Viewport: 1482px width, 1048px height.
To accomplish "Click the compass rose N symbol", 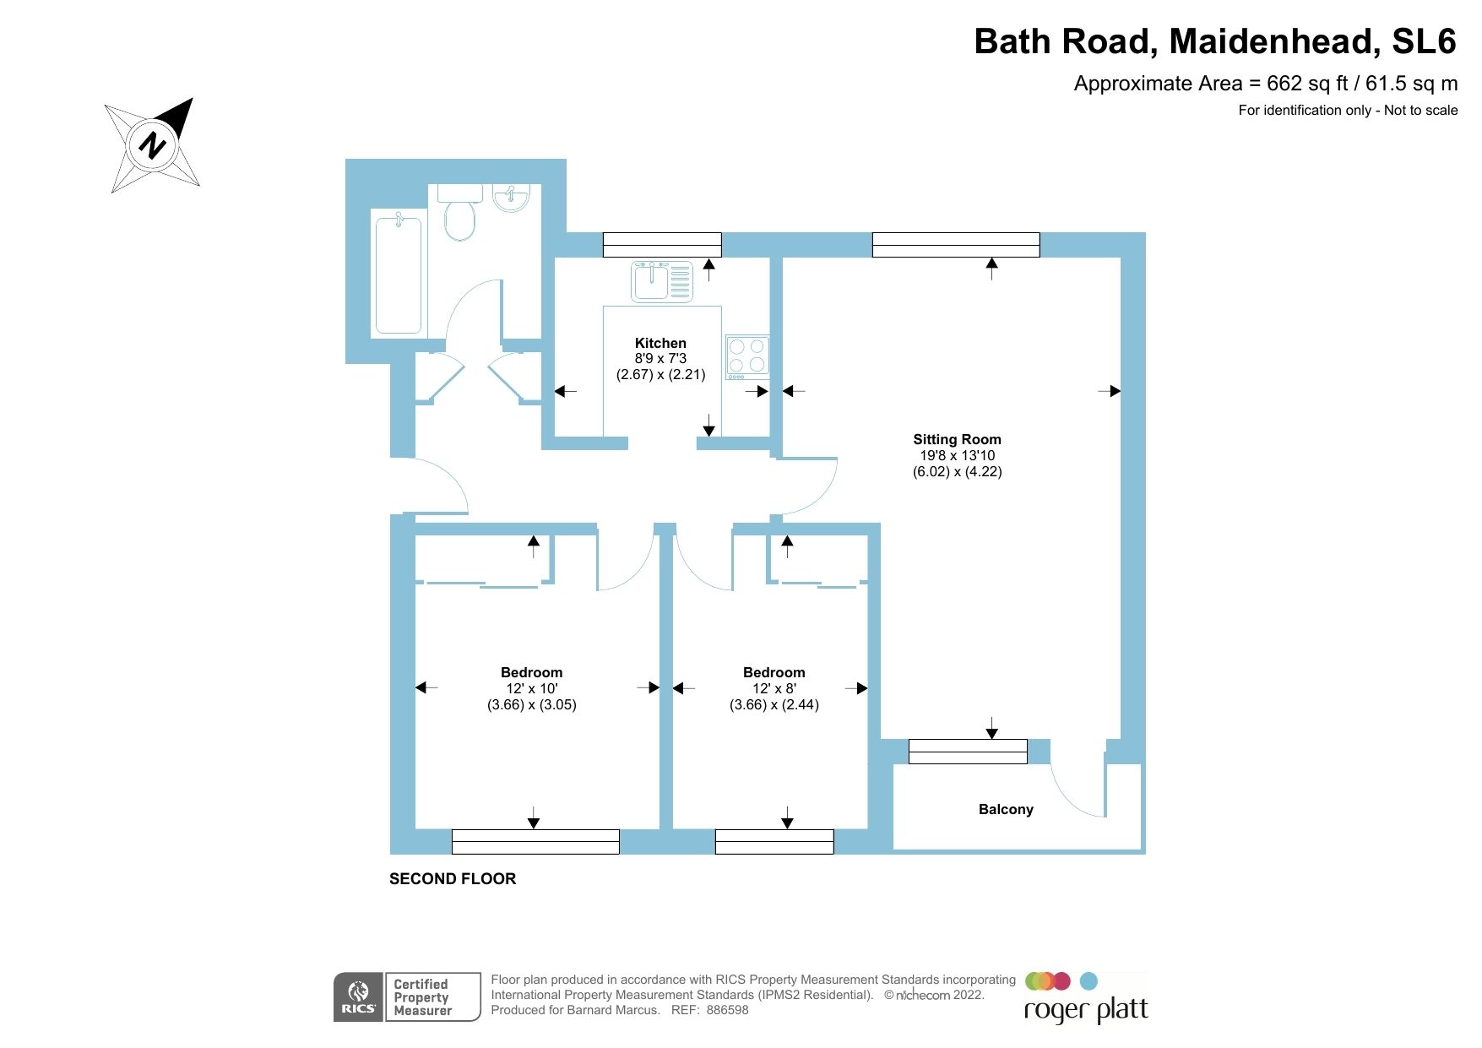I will pyautogui.click(x=152, y=145).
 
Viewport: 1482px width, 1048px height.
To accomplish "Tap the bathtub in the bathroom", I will pyautogui.click(x=398, y=274).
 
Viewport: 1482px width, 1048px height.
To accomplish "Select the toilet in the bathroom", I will pyautogui.click(x=460, y=215).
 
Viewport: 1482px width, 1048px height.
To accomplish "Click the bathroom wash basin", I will pyautogui.click(x=512, y=198).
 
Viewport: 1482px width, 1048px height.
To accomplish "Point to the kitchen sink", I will pyautogui.click(x=661, y=281).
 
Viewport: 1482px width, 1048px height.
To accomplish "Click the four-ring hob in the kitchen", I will pyautogui.click(x=747, y=355).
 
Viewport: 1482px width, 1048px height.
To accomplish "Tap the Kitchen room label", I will pyautogui.click(x=660, y=343).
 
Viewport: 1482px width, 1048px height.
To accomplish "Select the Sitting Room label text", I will pyautogui.click(x=957, y=439).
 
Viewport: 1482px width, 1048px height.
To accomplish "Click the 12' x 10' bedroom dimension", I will pyautogui.click(x=531, y=689).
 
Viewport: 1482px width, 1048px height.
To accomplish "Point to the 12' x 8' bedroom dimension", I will pyautogui.click(x=774, y=689).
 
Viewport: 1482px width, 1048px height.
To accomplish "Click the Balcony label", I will pyautogui.click(x=1005, y=809).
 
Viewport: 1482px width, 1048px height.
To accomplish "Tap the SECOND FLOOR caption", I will pyautogui.click(x=453, y=878).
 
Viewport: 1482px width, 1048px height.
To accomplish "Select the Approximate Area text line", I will pyautogui.click(x=1265, y=84).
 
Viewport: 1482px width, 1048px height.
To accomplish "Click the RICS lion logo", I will pyautogui.click(x=358, y=996).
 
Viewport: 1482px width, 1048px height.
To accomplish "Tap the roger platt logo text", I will pyautogui.click(x=1086, y=1010).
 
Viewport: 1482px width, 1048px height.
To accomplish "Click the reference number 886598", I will pyautogui.click(x=727, y=1010).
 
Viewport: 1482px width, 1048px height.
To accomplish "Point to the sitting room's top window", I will pyautogui.click(x=955, y=245).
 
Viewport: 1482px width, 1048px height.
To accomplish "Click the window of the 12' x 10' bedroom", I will pyautogui.click(x=535, y=841).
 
